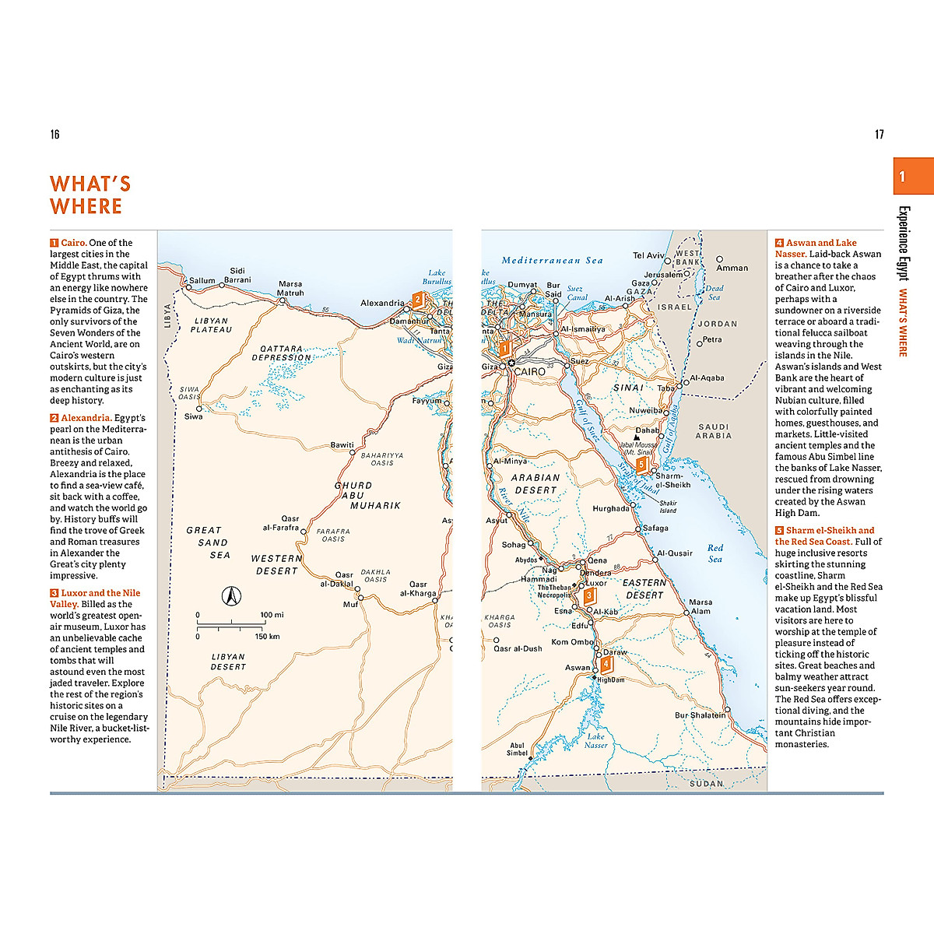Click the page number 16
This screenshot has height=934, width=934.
(x=54, y=135)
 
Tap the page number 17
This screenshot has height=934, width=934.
(x=879, y=135)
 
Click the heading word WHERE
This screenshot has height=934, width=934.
(x=86, y=206)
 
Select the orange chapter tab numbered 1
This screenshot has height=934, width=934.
(x=912, y=176)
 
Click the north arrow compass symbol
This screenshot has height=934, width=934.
(x=230, y=596)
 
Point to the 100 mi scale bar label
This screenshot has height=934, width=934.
(x=272, y=615)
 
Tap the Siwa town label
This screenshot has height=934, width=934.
(x=193, y=416)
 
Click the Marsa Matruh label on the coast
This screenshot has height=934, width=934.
(x=290, y=289)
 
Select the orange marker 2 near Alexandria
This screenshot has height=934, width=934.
(x=418, y=300)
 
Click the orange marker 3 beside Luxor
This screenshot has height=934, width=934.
(x=589, y=596)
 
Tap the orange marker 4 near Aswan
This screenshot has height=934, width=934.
(x=606, y=665)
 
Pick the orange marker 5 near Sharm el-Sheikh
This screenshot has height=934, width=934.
(x=641, y=465)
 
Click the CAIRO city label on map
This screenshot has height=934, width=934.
(x=529, y=372)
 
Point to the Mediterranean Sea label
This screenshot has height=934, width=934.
(x=552, y=261)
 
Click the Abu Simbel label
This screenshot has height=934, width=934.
(x=517, y=749)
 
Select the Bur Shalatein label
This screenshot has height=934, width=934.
(x=700, y=715)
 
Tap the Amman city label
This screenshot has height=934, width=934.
(x=732, y=268)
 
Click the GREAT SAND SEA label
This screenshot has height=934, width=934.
(x=209, y=542)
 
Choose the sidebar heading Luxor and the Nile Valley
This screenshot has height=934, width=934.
(x=95, y=599)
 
